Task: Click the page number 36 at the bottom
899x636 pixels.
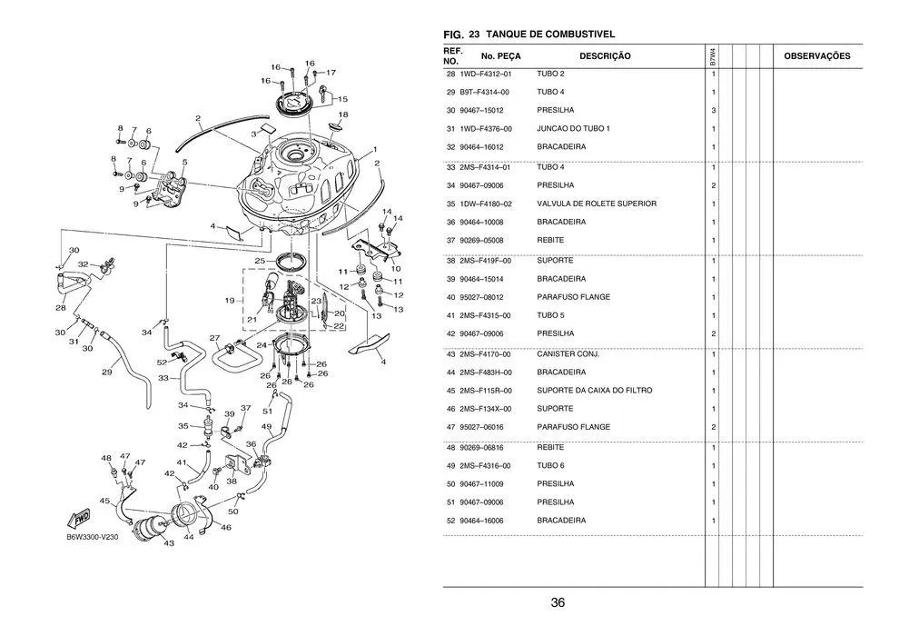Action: point(558,603)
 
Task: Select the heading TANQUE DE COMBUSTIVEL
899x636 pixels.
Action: point(550,35)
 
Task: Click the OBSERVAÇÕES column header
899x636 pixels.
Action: point(816,56)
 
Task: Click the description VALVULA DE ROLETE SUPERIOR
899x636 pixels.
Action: point(596,204)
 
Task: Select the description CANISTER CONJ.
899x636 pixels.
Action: point(568,353)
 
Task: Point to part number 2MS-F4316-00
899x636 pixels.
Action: point(485,465)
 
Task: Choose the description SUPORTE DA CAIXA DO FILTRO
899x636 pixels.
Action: point(594,390)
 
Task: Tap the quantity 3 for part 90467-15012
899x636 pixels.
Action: point(714,111)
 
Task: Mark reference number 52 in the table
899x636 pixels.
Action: point(450,521)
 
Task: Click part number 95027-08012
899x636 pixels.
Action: point(484,297)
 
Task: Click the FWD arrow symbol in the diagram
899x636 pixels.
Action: point(78,519)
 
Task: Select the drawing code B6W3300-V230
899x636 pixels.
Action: point(93,537)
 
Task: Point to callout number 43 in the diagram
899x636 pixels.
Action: point(169,543)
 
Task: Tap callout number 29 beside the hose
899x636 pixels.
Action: point(106,372)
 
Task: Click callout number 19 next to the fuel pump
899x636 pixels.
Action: point(230,299)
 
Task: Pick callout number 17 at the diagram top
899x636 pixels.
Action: point(331,72)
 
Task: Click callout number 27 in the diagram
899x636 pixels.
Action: point(214,338)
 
